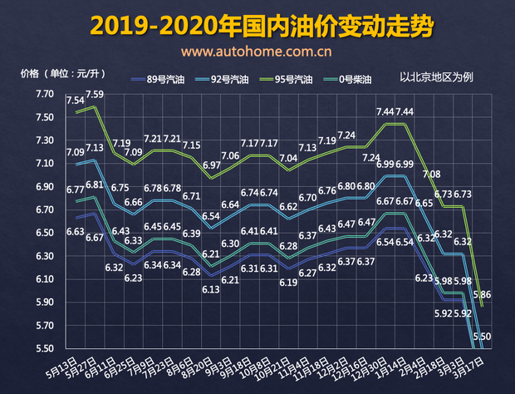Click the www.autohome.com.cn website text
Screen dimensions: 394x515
click(257, 52)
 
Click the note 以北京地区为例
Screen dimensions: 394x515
click(436, 77)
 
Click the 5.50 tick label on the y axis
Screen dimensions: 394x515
click(44, 348)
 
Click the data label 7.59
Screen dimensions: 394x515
click(94, 96)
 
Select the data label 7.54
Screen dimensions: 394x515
click(75, 101)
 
